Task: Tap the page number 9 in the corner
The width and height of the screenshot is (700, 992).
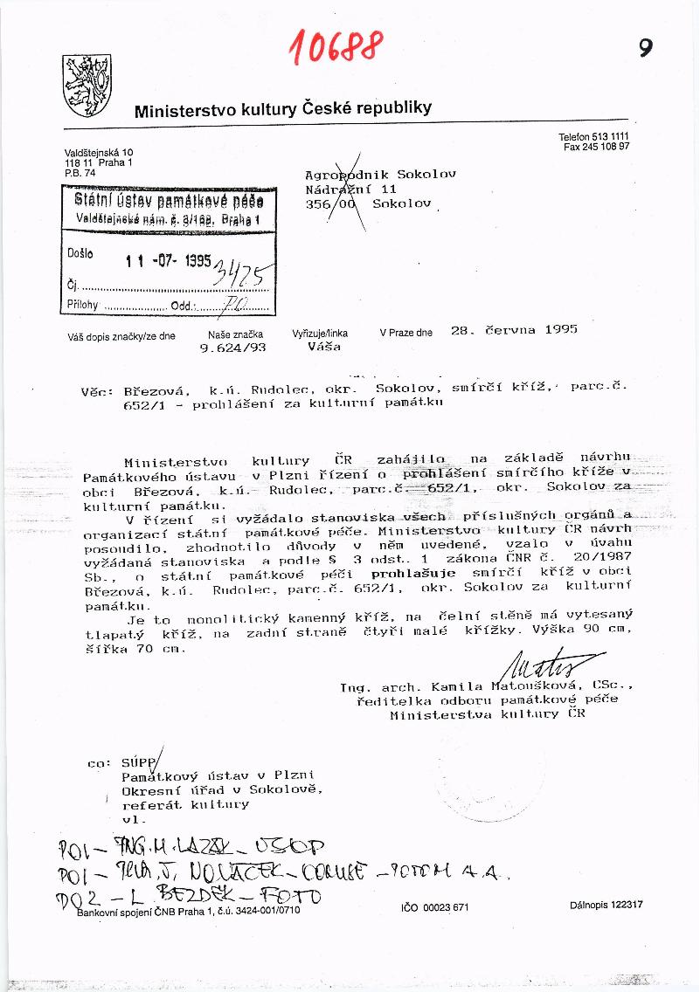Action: (x=645, y=49)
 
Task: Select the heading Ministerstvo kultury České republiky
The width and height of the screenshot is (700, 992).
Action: (x=282, y=109)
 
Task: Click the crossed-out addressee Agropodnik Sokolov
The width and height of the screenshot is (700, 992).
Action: (x=380, y=174)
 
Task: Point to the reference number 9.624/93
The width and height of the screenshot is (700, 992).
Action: (x=232, y=347)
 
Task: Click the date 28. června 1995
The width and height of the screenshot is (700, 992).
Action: (x=514, y=330)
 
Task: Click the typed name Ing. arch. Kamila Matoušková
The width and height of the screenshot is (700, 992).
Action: (x=463, y=688)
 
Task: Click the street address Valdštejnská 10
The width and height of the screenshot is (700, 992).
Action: (x=99, y=153)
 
